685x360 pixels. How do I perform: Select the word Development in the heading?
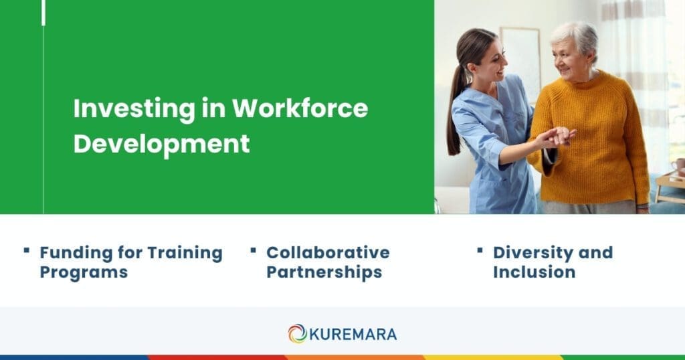(161, 144)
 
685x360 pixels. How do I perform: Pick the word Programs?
(83, 272)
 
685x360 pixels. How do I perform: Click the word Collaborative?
(328, 253)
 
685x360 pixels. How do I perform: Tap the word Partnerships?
(324, 272)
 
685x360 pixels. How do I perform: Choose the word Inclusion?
(534, 272)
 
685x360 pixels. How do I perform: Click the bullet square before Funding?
(27, 250)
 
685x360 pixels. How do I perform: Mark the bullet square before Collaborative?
(254, 250)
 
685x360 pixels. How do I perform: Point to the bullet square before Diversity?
(480, 250)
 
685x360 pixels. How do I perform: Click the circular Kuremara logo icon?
(297, 333)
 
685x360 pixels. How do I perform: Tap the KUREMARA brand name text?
(353, 333)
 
